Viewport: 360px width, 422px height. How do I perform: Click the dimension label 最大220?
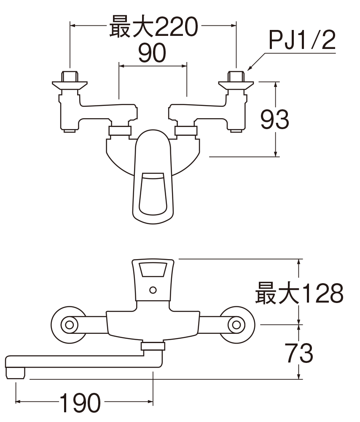[x=153, y=26]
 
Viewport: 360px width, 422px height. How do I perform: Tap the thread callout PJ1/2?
[x=302, y=40]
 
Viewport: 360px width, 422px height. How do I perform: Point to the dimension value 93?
[x=274, y=119]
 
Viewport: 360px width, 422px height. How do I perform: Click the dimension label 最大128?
[x=299, y=293]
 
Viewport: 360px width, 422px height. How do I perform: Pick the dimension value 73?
[x=299, y=353]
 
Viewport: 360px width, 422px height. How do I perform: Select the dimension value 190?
[x=80, y=403]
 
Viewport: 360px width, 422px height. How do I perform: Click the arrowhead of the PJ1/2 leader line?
[x=249, y=69]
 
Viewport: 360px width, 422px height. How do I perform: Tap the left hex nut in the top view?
[x=70, y=76]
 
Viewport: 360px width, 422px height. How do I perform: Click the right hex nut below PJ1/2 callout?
[x=236, y=76]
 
